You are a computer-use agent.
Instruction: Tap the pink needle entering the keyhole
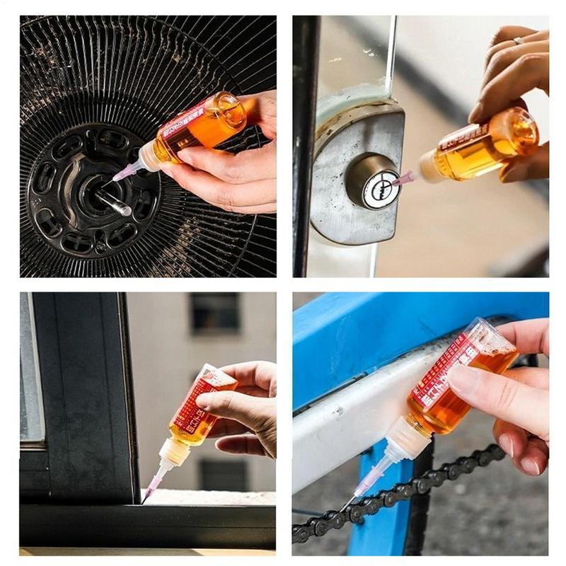click(403, 180)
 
